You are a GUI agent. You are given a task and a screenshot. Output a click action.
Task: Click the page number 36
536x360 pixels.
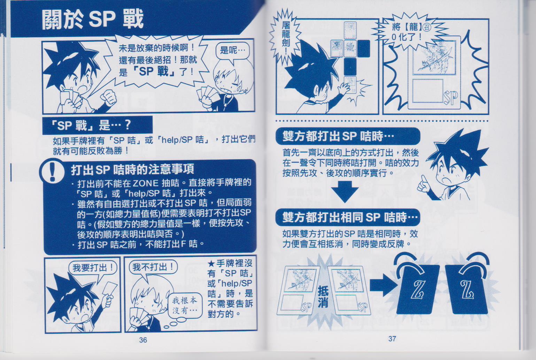[143, 340]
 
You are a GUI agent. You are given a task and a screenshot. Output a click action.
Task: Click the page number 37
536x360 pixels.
[392, 339]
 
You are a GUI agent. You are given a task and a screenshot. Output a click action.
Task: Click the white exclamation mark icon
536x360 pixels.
[52, 170]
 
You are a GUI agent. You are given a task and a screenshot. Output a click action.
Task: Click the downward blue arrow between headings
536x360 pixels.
[344, 191]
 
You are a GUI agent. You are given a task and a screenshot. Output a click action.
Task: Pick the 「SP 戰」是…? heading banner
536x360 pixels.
[98, 125]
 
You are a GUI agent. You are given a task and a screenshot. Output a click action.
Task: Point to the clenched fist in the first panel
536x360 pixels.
[109, 98]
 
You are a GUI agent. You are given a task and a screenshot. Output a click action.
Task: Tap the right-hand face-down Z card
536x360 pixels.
[466, 289]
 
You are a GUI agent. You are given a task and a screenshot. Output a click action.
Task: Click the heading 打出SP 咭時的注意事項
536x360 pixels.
[132, 169]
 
